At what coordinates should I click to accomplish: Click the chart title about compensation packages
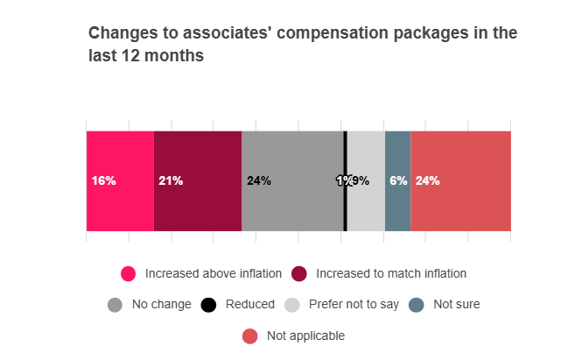pos(303,45)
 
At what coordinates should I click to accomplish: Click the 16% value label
pos(103,181)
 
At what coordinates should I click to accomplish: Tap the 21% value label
pos(171,181)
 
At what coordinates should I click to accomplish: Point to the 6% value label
pos(398,181)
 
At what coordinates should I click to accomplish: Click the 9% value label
pos(361,181)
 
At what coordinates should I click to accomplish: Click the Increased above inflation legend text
pos(214,273)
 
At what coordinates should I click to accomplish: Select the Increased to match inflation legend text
pos(391,273)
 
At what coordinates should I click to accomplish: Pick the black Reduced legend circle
pos(208,305)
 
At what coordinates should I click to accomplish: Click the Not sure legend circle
pos(417,305)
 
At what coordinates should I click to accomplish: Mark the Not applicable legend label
pos(305,335)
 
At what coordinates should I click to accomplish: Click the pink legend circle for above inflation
pos(129,273)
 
